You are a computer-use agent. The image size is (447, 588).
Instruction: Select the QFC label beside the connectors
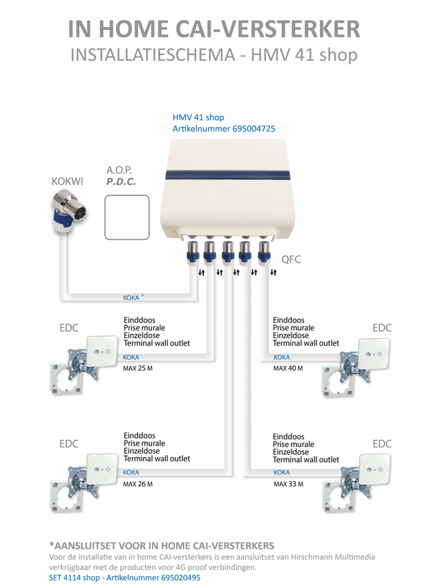291,259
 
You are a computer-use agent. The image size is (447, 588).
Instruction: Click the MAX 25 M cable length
138,367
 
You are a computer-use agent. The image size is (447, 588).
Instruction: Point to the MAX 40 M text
288,368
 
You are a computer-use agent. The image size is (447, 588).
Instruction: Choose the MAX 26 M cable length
138,484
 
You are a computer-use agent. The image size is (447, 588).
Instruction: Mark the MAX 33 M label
288,484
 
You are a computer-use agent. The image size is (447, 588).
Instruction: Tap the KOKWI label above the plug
67,181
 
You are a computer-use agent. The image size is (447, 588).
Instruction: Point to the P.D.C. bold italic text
121,181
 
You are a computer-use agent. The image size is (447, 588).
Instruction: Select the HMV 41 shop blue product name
198,117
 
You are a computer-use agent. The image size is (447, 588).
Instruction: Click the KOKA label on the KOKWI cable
131,298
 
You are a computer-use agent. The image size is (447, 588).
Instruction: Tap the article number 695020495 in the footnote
171,578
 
